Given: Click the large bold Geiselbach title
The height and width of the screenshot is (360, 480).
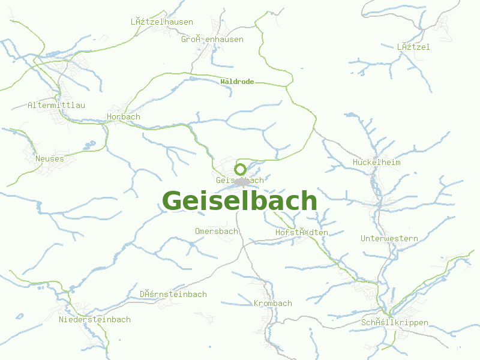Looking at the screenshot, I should pyautogui.click(x=239, y=200).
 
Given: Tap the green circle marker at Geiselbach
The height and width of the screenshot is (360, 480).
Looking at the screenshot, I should pyautogui.click(x=240, y=169).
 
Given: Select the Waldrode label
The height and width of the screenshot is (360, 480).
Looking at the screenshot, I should pyautogui.click(x=237, y=82).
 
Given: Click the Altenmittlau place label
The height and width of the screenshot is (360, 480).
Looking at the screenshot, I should pyautogui.click(x=56, y=105).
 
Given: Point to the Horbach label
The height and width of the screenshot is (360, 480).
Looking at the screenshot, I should pyautogui.click(x=123, y=116).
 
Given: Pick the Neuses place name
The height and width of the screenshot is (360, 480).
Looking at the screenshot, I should pyautogui.click(x=49, y=158).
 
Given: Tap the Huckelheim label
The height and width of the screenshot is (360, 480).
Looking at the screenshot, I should pyautogui.click(x=376, y=162).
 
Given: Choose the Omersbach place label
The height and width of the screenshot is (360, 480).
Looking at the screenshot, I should pyautogui.click(x=216, y=231).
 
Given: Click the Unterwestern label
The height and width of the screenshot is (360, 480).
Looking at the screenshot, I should pyautogui.click(x=389, y=238).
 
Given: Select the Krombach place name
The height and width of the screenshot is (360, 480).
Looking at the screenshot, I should pyautogui.click(x=272, y=303).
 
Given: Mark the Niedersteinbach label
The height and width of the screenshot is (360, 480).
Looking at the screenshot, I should pyautogui.click(x=94, y=319).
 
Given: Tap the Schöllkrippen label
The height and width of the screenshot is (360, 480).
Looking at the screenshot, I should pyautogui.click(x=394, y=322).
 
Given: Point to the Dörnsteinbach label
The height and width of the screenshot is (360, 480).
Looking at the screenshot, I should pyautogui.click(x=173, y=294).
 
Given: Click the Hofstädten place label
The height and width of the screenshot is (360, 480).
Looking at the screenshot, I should pyautogui.click(x=301, y=232).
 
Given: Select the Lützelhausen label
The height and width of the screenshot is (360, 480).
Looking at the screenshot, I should pyautogui.click(x=161, y=22).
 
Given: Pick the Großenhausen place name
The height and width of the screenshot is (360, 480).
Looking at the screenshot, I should pyautogui.click(x=212, y=39).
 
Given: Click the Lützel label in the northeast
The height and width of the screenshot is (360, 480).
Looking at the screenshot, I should pyautogui.click(x=413, y=46).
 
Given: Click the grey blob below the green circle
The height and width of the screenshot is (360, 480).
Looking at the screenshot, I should pyautogui.click(x=242, y=181).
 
